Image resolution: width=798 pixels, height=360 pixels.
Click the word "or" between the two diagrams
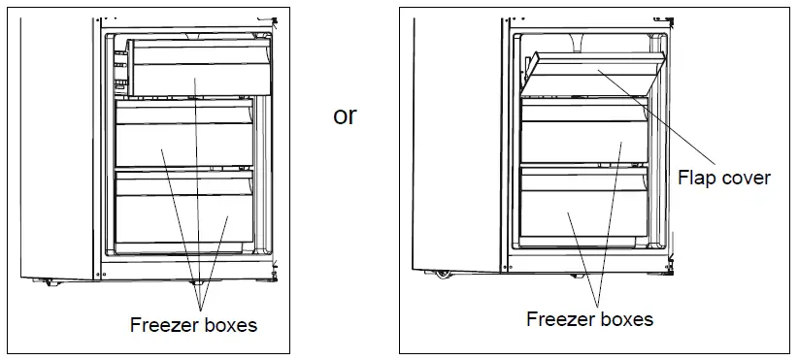345,116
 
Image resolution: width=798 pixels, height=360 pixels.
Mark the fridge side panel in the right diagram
456,146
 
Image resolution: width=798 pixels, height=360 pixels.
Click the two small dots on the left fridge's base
196,282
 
